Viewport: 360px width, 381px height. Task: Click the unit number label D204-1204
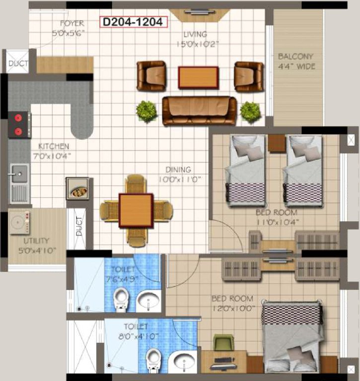[134, 22]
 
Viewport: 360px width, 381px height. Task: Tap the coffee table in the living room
[199, 77]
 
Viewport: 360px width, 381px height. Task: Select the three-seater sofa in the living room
[199, 110]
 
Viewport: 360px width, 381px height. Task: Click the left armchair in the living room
[151, 75]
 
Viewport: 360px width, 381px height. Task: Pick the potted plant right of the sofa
[251, 112]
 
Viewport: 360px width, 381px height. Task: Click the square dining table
[136, 210]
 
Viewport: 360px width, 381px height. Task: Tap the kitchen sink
[19, 174]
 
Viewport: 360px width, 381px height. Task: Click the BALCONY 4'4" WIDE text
[296, 62]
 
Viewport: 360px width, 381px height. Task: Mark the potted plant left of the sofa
[146, 111]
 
